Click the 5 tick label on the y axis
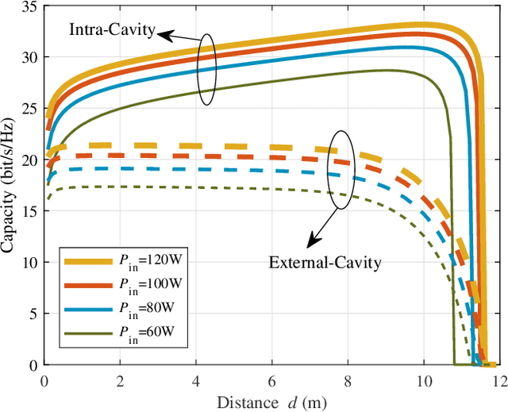click(x=32, y=314)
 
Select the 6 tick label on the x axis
click(x=272, y=381)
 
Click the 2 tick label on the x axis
click(x=121, y=381)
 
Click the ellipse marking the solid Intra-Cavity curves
click(x=207, y=69)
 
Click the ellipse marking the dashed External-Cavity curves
click(x=339, y=170)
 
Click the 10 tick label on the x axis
click(x=423, y=381)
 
